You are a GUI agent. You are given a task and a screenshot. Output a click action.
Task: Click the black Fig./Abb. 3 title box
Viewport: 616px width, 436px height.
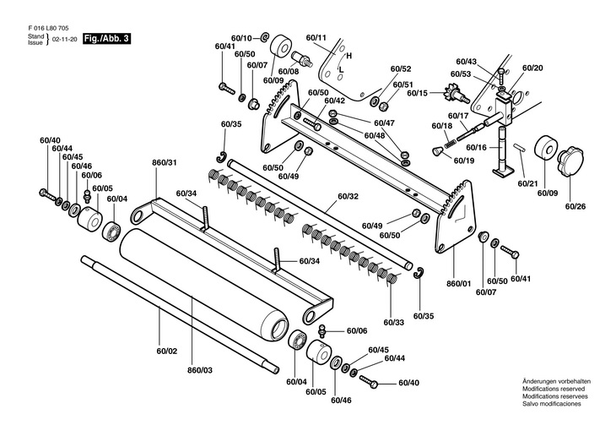click(x=106, y=39)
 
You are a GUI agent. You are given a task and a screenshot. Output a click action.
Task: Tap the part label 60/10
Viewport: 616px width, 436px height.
click(x=241, y=38)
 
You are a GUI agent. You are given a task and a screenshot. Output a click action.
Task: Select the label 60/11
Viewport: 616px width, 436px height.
click(x=316, y=38)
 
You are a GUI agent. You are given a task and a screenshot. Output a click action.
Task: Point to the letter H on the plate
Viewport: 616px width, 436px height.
click(x=349, y=56)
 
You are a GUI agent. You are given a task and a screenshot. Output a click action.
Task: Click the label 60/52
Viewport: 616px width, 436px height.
click(x=401, y=68)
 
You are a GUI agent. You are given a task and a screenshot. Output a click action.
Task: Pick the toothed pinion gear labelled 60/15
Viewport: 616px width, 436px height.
click(x=455, y=94)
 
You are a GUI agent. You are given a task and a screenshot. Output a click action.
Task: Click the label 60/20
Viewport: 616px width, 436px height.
click(x=532, y=68)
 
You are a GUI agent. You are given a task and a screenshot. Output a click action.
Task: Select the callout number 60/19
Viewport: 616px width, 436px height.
click(x=464, y=161)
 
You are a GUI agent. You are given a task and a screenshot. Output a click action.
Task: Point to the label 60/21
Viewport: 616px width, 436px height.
click(x=528, y=183)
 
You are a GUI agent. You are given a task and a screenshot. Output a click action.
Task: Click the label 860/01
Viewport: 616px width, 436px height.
click(x=459, y=283)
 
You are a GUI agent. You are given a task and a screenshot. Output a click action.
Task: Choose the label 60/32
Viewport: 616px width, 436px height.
click(x=348, y=196)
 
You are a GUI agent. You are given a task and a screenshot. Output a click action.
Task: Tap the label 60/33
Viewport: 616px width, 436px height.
click(x=394, y=323)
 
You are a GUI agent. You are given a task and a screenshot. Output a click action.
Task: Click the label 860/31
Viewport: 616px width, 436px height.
click(x=165, y=162)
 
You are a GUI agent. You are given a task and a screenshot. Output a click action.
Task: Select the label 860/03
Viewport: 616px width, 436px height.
click(x=200, y=370)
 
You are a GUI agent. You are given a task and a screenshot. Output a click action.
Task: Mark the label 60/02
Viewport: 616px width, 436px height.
click(x=167, y=351)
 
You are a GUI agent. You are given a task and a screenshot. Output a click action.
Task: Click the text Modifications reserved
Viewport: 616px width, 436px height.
click(x=554, y=389)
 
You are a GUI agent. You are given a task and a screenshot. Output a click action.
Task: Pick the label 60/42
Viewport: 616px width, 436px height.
click(x=335, y=101)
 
